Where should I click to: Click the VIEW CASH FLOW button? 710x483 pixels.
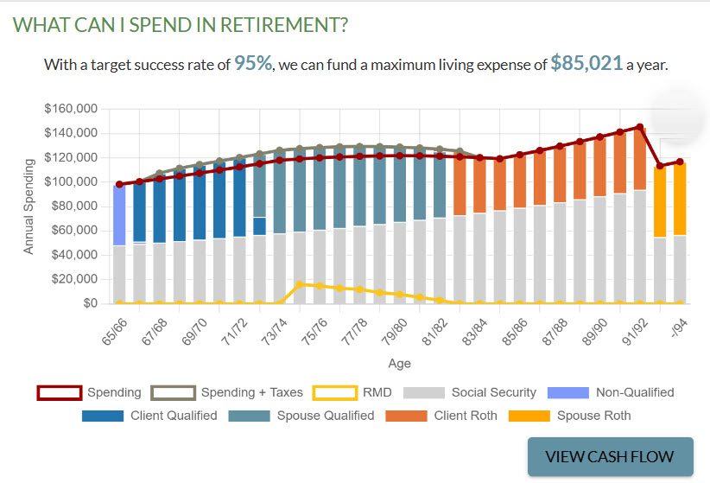coord(612,457)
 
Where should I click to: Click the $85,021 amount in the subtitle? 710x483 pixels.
coord(586,64)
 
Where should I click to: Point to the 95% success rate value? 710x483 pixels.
coord(253,64)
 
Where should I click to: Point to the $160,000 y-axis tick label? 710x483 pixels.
coord(71,109)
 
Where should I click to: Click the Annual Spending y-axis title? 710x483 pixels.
coord(29,206)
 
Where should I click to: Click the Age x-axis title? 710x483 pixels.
coord(398,363)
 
